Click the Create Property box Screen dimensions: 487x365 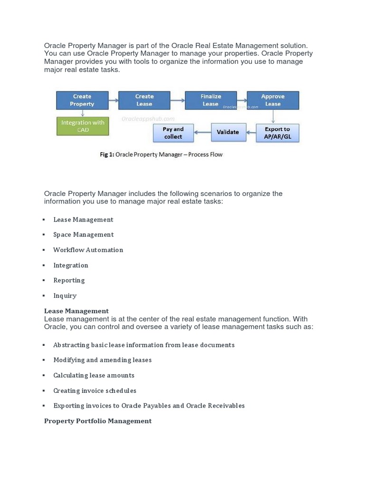coord(82,100)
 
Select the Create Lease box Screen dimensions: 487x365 coord(144,100)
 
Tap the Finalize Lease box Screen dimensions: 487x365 coord(211,100)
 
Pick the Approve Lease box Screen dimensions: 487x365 coord(273,100)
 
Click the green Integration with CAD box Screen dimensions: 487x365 coord(83,126)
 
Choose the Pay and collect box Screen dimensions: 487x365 coord(173,133)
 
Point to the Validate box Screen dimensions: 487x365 coord(228,132)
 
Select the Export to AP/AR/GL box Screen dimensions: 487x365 coord(277,133)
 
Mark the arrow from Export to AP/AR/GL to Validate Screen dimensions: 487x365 coord(250,132)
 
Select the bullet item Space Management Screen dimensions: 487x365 coord(83,234)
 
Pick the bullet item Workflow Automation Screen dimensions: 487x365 coord(88,250)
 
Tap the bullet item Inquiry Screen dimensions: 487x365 coord(65,295)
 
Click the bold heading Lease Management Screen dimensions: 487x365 coord(76,311)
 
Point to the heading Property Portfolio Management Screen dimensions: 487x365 coord(98,421)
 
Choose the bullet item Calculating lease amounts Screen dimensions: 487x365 coord(94,375)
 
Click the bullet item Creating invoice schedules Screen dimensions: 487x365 coord(95,390)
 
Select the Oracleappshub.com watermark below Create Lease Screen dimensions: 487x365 coord(148,119)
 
